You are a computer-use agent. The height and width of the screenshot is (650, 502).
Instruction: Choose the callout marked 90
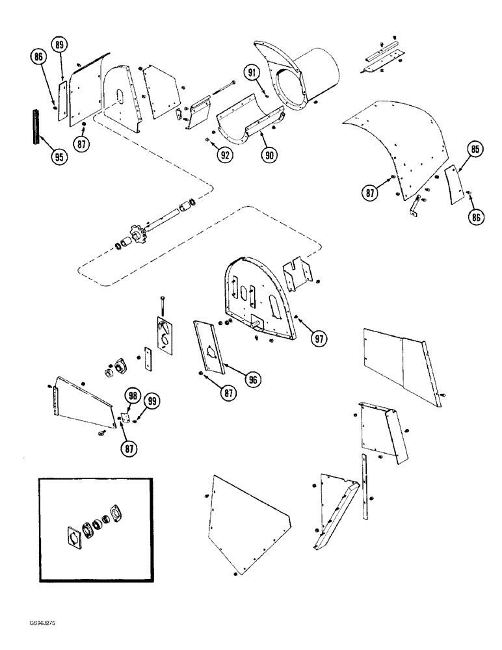click(268, 154)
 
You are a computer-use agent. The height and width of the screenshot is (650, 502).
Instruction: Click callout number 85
click(475, 150)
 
